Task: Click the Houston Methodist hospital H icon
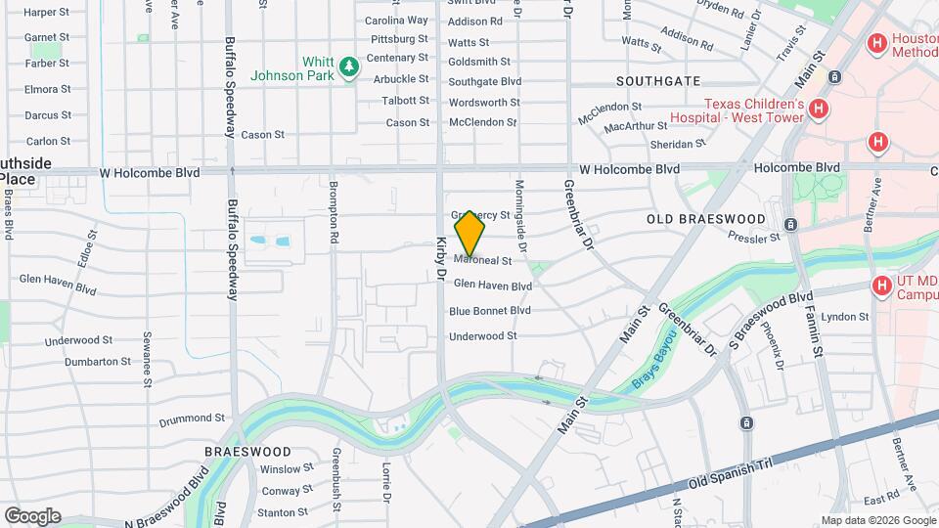pyautogui.click(x=877, y=44)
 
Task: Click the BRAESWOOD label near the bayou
pyautogui.click(x=247, y=452)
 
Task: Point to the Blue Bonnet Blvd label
pyautogui.click(x=489, y=311)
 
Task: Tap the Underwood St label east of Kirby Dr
pyautogui.click(x=482, y=336)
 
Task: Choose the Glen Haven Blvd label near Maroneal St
pyautogui.click(x=492, y=286)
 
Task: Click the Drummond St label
pyautogui.click(x=192, y=418)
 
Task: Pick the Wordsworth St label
pyautogui.click(x=483, y=103)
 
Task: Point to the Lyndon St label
pyautogui.click(x=845, y=317)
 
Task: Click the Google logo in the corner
pyautogui.click(x=32, y=516)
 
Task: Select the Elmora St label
pyautogui.click(x=48, y=89)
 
